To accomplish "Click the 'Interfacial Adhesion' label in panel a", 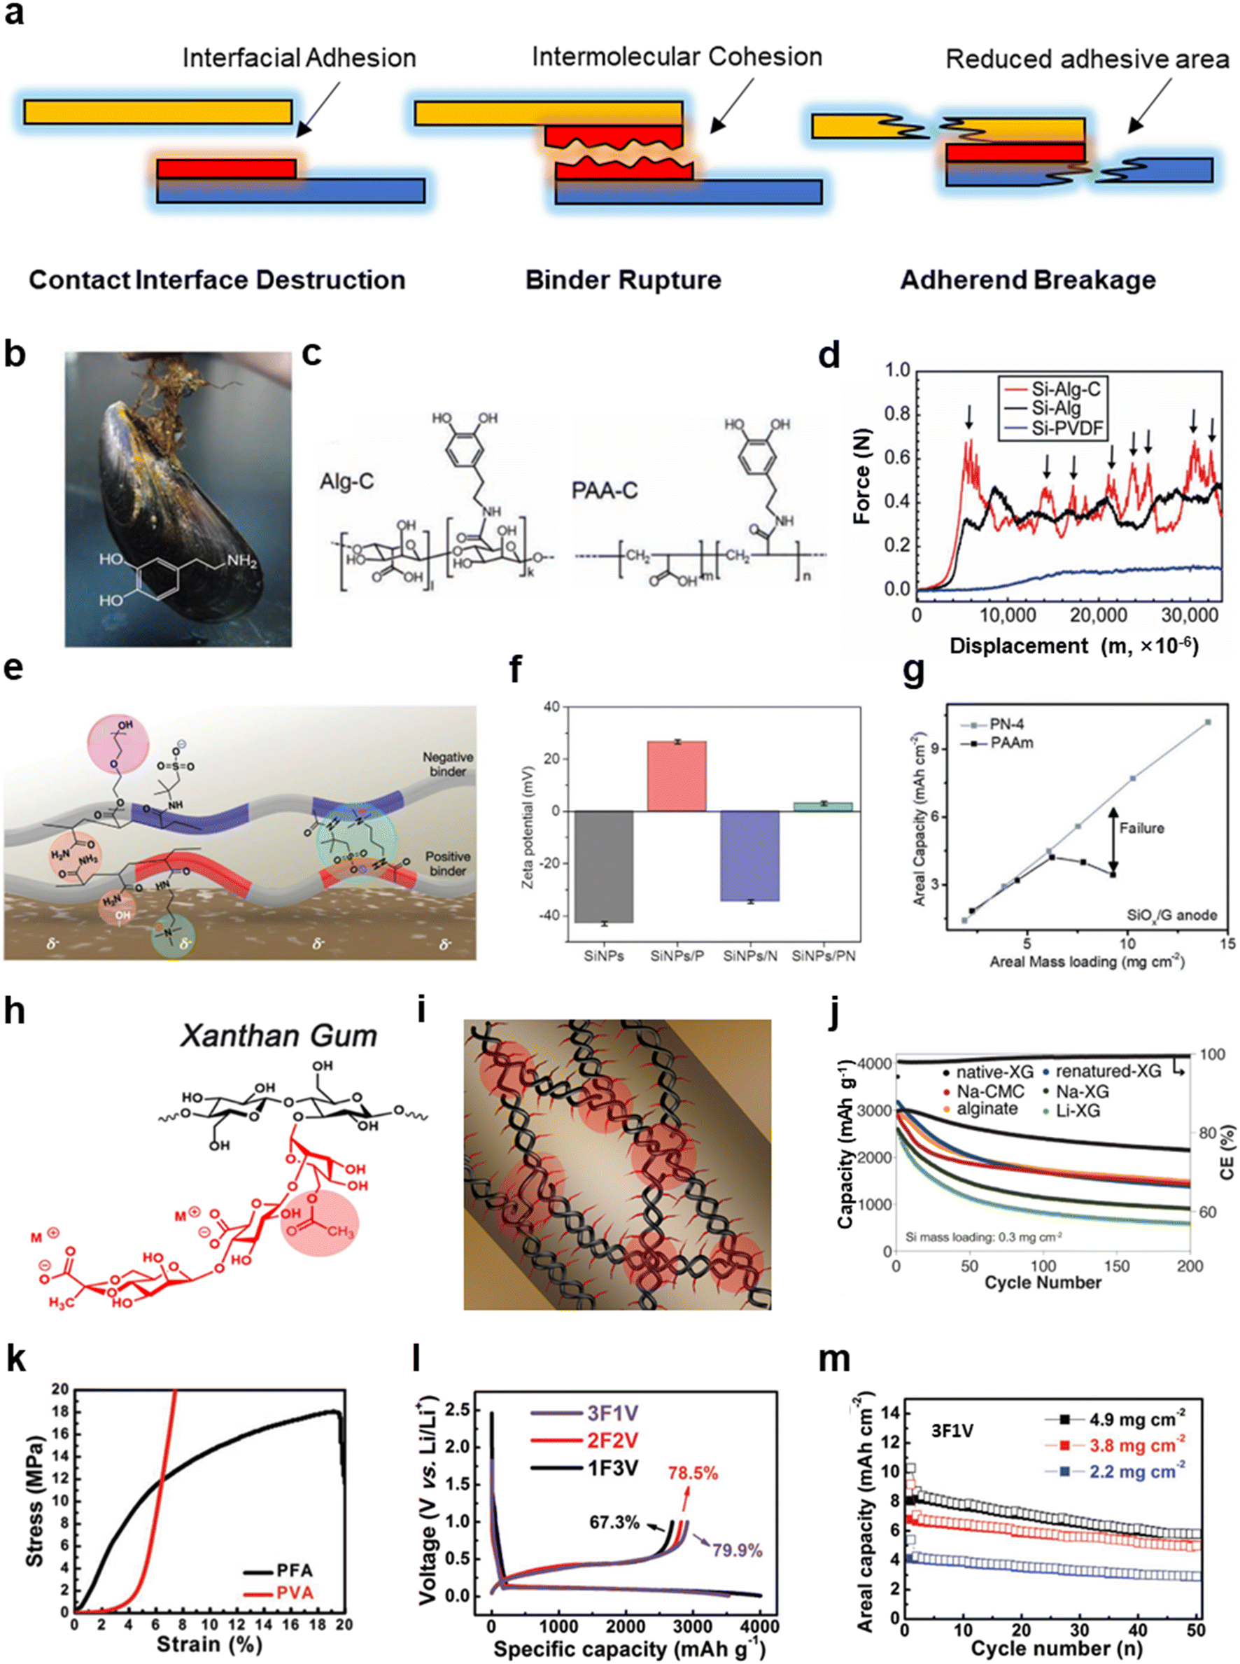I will click(x=299, y=59).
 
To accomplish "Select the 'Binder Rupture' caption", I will click(x=623, y=280).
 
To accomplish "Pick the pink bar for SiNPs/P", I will click(x=676, y=776).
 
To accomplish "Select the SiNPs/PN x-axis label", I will click(x=824, y=956).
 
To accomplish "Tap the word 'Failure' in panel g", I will click(x=1141, y=828).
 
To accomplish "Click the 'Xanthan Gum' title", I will click(x=279, y=1036).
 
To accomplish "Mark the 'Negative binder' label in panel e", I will click(x=447, y=764).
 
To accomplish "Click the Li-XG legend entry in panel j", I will click(x=1078, y=1110).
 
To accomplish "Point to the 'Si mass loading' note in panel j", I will click(x=983, y=1237).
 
